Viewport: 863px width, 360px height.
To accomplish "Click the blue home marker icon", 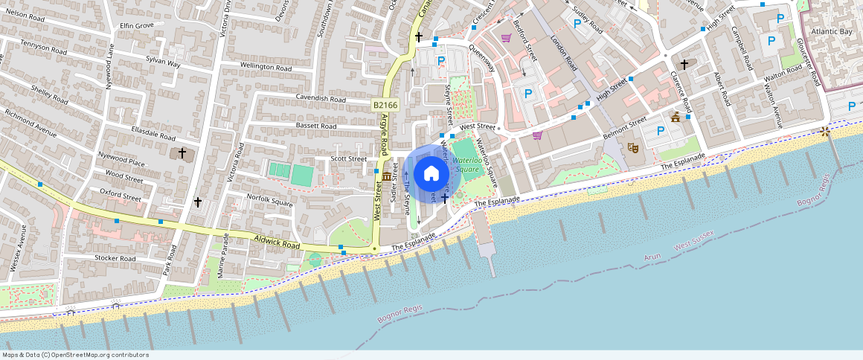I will point(431,174).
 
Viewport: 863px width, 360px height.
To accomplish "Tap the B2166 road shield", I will point(385,106).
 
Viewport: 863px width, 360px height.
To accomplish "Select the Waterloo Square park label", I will point(467,164).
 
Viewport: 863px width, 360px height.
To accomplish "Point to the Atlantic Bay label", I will point(832,32).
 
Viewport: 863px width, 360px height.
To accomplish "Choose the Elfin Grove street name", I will point(136,25).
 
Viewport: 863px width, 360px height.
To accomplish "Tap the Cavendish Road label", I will point(321,99).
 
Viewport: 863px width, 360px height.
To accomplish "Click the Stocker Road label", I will point(115,258).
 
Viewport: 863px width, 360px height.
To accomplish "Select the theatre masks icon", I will point(633,147).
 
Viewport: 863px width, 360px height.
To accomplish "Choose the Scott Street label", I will point(349,158).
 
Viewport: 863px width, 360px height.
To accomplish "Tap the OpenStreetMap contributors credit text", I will point(74,355).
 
